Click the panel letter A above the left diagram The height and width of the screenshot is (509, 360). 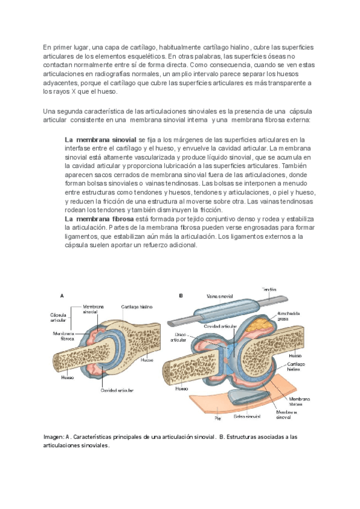[62, 295]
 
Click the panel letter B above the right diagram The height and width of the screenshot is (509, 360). [181, 295]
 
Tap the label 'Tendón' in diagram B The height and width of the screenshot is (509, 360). [269, 289]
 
